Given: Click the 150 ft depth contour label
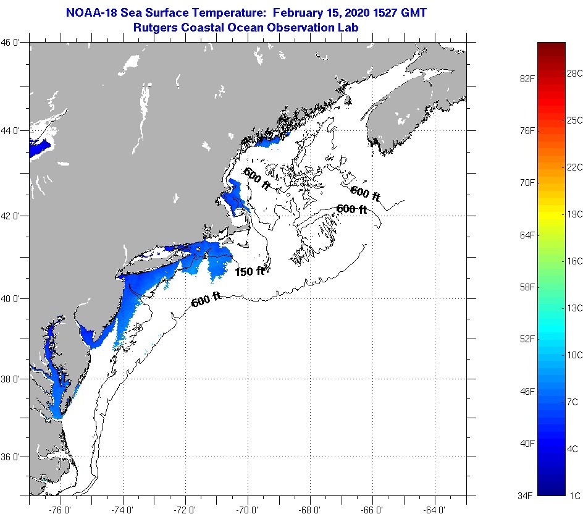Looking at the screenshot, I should coord(250,271).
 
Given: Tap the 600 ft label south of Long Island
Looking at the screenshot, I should coord(206,300).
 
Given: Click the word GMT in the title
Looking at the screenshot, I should coord(414,12).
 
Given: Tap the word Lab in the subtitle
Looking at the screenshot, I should coord(348,27).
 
